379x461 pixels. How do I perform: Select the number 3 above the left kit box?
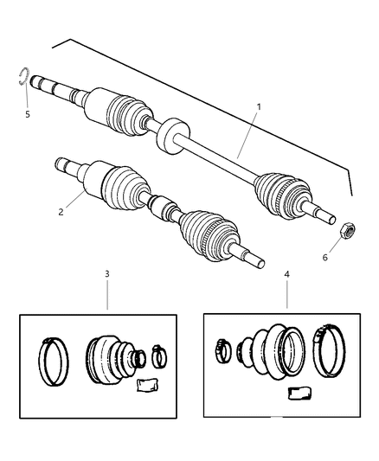coord(107,274)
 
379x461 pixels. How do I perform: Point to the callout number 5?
coord(27,112)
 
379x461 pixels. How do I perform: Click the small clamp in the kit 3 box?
coord(158,355)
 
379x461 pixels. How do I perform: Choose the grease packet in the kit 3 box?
coord(147,383)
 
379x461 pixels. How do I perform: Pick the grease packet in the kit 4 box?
coord(299,394)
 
